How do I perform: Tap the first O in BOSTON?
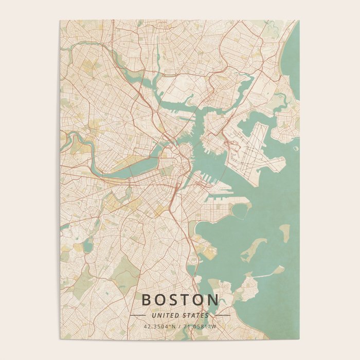pyautogui.click(x=161, y=300)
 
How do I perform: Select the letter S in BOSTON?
pyautogui.click(x=176, y=300)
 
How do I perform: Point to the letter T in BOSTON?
pyautogui.click(x=190, y=300)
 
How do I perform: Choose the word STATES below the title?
pyautogui.click(x=196, y=315)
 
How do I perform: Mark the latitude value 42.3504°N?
pyautogui.click(x=160, y=326)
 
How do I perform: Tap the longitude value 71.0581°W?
pyautogui.click(x=200, y=326)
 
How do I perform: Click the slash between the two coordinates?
pyautogui.click(x=179, y=326)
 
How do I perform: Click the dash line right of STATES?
pyautogui.click(x=222, y=315)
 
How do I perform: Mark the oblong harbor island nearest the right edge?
pyautogui.click(x=284, y=232)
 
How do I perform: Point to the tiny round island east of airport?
pyautogui.click(x=295, y=149)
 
